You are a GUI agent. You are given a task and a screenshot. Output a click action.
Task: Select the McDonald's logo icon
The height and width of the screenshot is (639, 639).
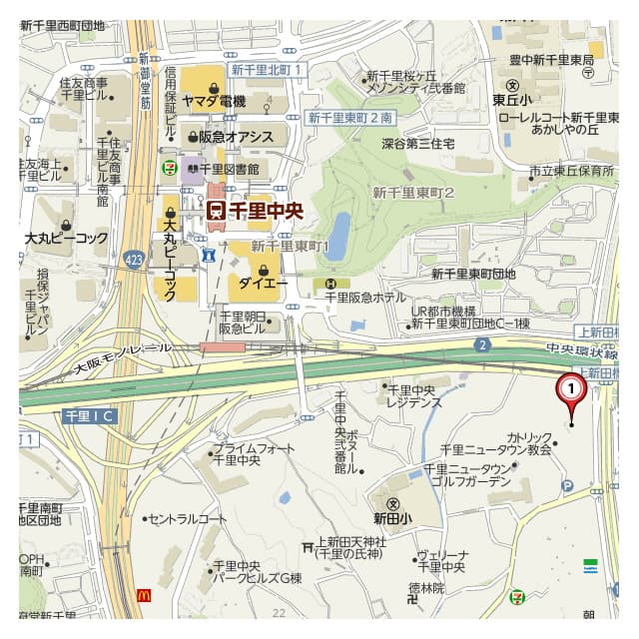144,596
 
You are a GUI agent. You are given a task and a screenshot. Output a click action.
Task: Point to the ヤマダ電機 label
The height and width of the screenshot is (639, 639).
213,101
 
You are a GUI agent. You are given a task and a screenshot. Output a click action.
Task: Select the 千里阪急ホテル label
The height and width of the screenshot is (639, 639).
364,298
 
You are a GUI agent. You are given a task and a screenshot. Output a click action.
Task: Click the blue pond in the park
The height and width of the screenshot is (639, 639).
337,237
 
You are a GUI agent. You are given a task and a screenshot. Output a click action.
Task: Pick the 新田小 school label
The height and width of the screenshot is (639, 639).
392,518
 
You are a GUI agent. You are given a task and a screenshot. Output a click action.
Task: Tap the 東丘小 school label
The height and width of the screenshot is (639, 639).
512,100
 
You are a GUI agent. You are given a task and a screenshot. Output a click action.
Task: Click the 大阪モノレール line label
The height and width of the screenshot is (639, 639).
123,358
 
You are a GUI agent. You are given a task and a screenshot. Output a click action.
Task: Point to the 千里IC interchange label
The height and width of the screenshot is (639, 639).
90,414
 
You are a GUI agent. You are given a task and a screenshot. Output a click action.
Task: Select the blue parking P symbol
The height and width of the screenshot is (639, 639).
568,486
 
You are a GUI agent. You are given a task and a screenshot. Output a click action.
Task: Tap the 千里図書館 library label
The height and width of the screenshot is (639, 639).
229,170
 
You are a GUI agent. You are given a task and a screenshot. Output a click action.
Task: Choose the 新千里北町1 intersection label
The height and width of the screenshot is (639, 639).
267,69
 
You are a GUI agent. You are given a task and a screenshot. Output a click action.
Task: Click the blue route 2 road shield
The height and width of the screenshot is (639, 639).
482,344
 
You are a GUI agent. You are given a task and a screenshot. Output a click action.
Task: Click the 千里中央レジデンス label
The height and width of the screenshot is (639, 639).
414,395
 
